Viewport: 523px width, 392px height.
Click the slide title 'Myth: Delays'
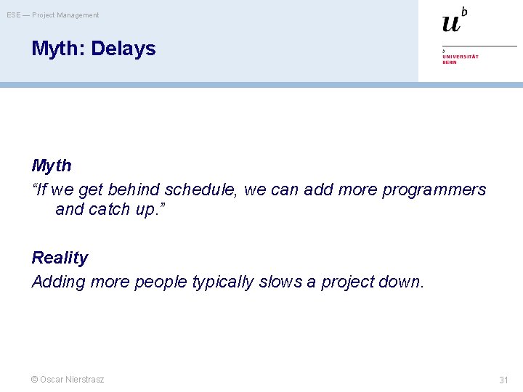(94, 49)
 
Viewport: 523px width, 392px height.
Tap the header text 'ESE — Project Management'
(53, 15)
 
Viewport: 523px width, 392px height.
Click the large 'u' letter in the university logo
(451, 23)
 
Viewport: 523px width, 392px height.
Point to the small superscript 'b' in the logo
(464, 11)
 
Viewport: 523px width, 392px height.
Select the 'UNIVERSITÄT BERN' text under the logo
(460, 60)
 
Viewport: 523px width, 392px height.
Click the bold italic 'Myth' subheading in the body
(52, 166)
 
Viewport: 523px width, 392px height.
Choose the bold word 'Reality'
(60, 258)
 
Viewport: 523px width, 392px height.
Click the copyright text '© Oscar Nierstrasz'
(68, 380)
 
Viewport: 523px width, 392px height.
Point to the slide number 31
(503, 380)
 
